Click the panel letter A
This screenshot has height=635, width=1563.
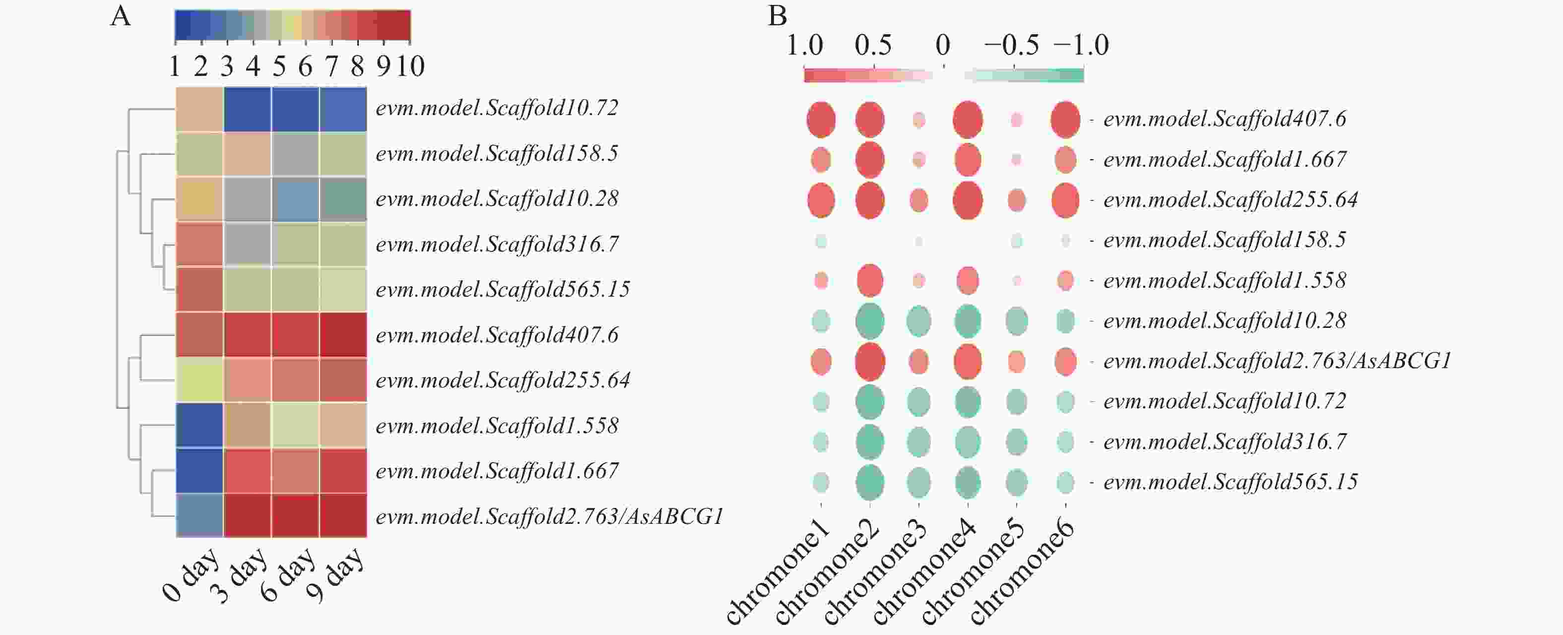point(120,16)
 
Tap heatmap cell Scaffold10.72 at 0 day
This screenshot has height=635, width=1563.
point(199,109)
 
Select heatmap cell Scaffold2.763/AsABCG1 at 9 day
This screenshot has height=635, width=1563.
point(343,515)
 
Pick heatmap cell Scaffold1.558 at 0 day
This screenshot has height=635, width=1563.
point(199,425)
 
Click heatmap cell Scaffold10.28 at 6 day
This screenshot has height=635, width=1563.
point(295,199)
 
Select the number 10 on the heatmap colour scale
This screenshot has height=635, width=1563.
point(410,66)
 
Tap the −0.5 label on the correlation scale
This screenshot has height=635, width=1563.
point(1011,46)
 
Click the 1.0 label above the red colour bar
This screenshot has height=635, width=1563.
point(804,46)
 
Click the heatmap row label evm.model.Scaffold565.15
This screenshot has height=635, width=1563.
point(502,289)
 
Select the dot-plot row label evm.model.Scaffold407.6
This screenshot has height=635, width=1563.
point(1225,119)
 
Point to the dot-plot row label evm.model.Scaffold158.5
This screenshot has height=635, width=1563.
point(1225,240)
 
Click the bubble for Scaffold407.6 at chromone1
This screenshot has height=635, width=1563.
point(820,120)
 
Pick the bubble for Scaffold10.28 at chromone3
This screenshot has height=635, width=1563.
point(918,321)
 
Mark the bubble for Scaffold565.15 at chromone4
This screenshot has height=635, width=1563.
point(967,483)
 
